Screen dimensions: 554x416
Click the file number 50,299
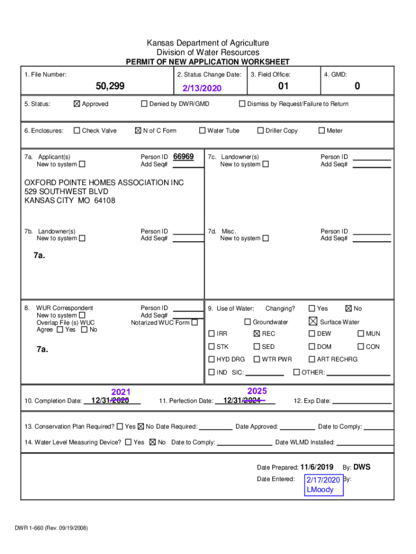click(x=109, y=87)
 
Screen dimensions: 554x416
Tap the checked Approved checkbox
click(x=76, y=104)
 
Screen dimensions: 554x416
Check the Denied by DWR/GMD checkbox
click(x=144, y=104)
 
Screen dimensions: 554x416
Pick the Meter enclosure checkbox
click(x=321, y=130)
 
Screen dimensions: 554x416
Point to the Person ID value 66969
click(x=184, y=156)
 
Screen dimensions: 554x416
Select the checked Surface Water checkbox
click(x=312, y=321)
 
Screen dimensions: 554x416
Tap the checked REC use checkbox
click(x=257, y=334)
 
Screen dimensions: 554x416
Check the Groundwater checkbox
click(x=248, y=322)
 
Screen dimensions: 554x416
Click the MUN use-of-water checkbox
click(x=361, y=334)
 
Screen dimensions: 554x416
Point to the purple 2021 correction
click(x=120, y=392)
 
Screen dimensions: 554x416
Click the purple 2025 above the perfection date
click(x=257, y=391)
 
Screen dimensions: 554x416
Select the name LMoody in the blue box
click(x=320, y=490)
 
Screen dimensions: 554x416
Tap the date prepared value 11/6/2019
click(x=317, y=467)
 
